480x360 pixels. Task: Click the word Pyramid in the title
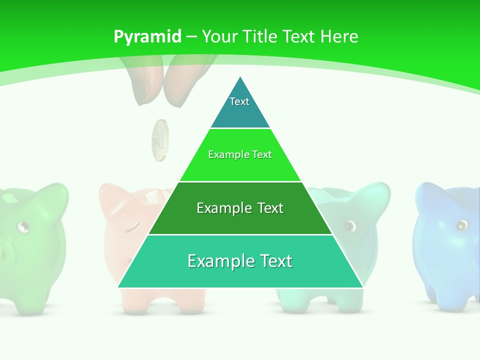click(147, 36)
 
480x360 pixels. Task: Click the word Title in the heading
click(260, 36)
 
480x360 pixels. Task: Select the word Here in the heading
click(339, 36)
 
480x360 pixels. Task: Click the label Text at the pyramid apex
click(239, 101)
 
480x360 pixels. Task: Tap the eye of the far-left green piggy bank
click(22, 227)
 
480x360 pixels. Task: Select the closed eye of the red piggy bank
click(131, 229)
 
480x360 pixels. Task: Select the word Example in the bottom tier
click(215, 261)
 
